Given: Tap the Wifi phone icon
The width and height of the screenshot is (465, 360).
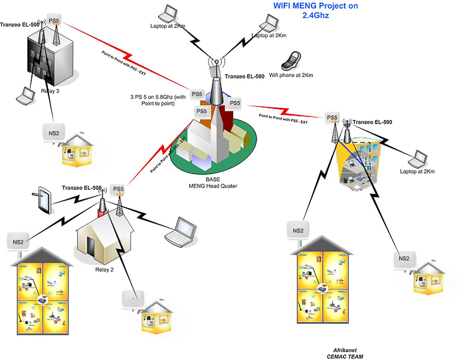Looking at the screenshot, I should (290, 60).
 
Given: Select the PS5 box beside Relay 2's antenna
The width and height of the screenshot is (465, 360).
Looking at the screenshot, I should (118, 190).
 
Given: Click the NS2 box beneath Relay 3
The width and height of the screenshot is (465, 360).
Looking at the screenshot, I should (52, 132).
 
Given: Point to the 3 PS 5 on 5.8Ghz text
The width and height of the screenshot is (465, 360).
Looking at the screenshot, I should (158, 100).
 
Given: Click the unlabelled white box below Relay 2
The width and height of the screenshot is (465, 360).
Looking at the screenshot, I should (133, 300).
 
